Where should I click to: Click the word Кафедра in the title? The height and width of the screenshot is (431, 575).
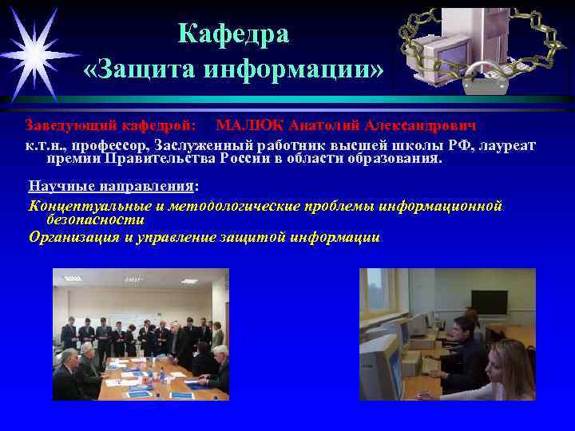233,34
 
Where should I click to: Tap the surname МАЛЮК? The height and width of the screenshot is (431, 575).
249,126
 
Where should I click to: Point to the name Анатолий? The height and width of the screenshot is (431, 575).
323,126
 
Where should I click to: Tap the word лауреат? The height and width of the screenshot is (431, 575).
507,145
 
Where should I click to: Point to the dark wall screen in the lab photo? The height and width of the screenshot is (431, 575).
489,301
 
